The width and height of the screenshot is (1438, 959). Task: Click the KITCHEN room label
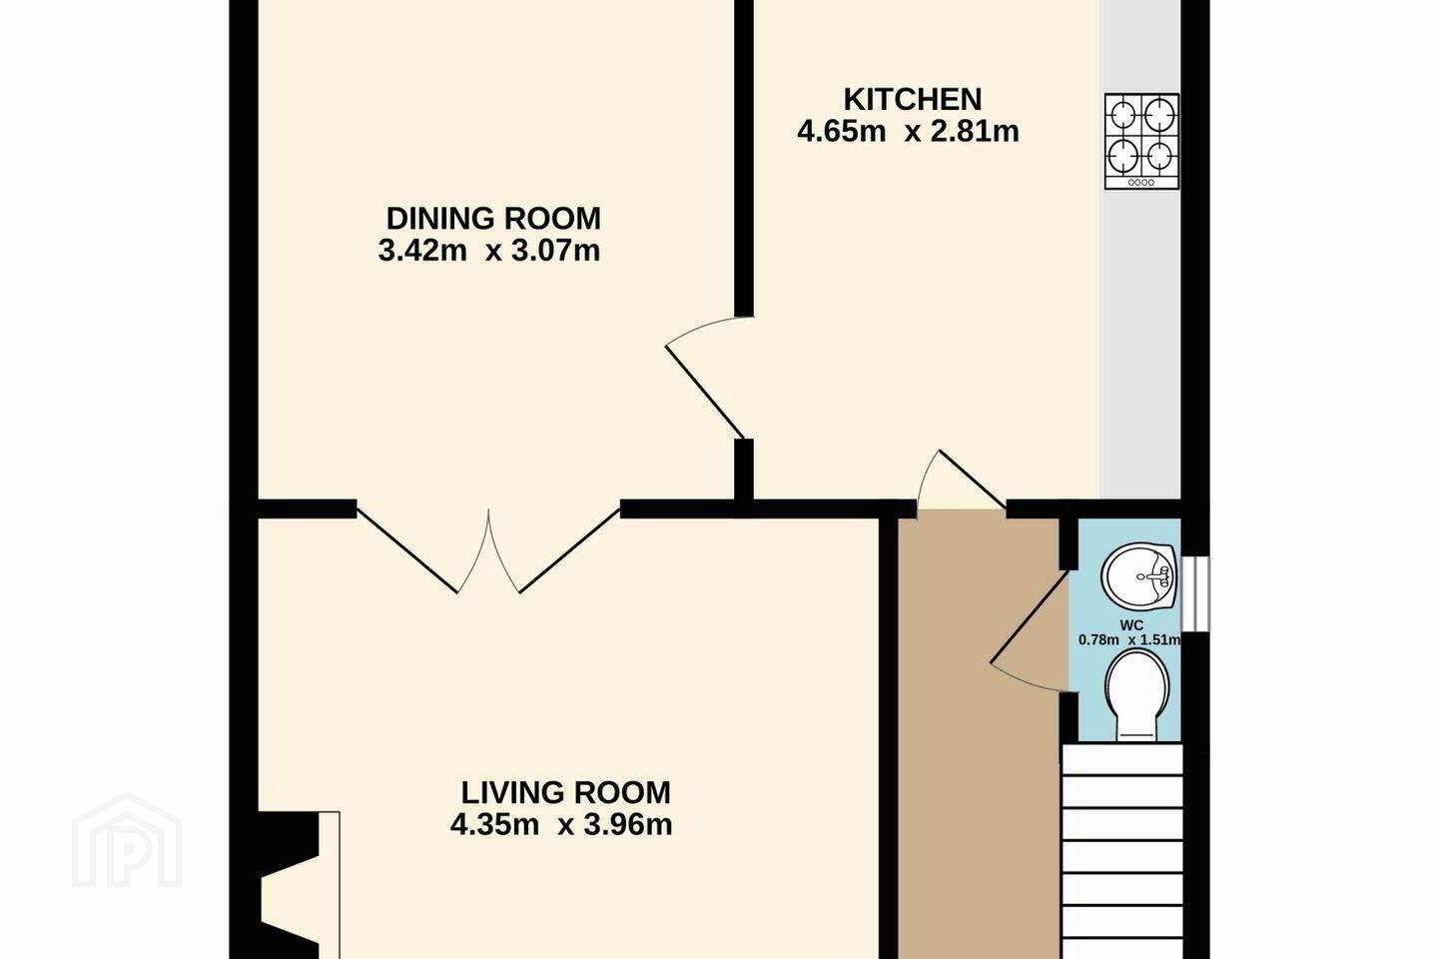click(x=913, y=100)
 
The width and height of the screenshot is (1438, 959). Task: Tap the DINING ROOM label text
click(x=493, y=219)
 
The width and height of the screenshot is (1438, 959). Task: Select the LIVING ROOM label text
click(x=565, y=792)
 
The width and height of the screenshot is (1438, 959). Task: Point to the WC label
click(x=1131, y=625)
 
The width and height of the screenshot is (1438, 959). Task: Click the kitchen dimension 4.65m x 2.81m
click(x=908, y=132)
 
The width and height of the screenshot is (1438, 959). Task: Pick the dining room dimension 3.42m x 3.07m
click(x=489, y=251)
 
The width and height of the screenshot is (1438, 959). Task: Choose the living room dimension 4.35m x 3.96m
click(x=561, y=825)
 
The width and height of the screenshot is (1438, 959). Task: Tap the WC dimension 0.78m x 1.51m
click(x=1129, y=639)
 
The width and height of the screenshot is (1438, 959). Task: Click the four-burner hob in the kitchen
click(x=1141, y=141)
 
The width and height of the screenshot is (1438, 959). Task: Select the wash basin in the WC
click(x=1138, y=575)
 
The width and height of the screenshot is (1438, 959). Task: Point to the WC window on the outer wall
click(x=1195, y=593)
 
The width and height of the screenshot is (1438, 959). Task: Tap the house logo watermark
click(x=127, y=840)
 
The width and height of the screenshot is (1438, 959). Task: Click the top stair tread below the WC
click(x=1122, y=760)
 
